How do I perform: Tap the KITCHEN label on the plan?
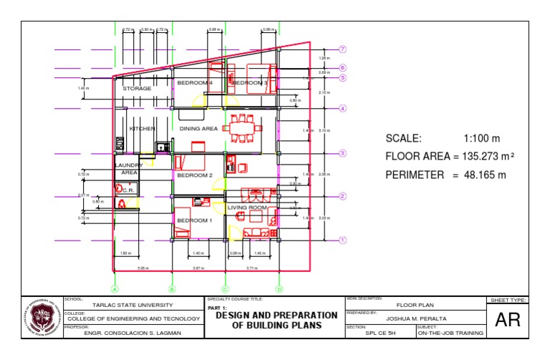point(142,129)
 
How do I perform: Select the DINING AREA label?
point(198,129)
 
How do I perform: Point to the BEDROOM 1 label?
point(195,220)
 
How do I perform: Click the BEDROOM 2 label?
point(195,175)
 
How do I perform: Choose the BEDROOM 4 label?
point(194,83)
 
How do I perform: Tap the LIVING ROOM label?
point(247,208)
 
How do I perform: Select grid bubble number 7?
point(343,49)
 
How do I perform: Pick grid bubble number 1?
point(343,240)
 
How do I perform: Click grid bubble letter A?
point(114,289)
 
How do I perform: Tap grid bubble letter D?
point(279,289)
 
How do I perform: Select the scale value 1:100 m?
point(481,139)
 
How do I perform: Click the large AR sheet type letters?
point(508,321)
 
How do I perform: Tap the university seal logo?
point(42,318)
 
